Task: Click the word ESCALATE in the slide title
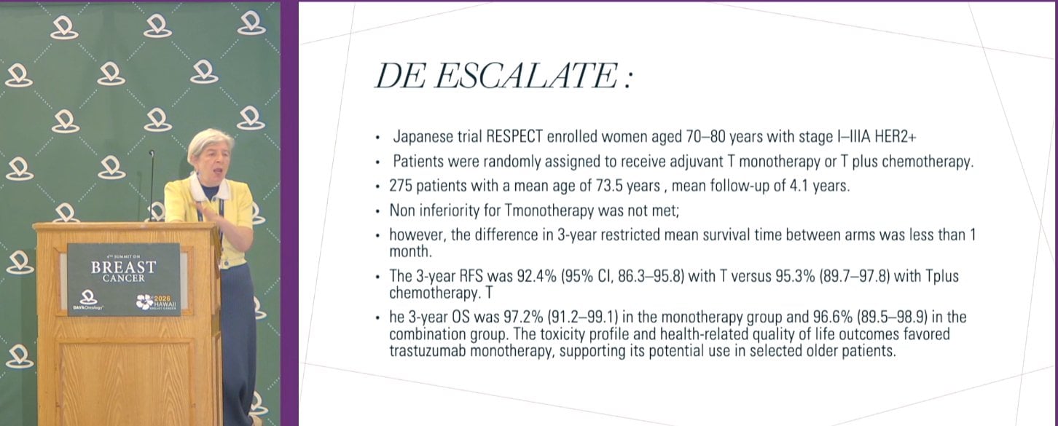(525, 76)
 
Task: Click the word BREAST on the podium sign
(124, 267)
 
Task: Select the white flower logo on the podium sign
(144, 301)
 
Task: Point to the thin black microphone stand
(152, 186)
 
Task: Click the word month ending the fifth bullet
(410, 252)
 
